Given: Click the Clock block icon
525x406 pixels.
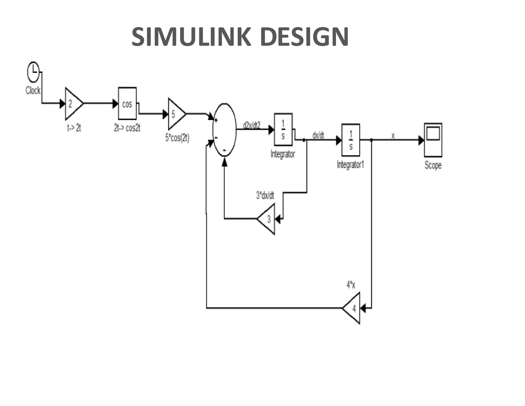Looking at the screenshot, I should tap(33, 72).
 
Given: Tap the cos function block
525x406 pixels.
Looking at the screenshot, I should tap(127, 103).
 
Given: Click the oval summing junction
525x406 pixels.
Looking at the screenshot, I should tap(225, 130).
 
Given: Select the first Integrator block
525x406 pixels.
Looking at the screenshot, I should tap(283, 129).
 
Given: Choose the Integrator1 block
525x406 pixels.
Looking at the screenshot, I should tap(351, 140).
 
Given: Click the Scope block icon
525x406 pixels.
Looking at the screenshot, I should tap(433, 140).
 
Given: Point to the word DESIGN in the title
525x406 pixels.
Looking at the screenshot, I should tap(304, 37).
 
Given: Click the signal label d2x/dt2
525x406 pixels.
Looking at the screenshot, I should tap(251, 125).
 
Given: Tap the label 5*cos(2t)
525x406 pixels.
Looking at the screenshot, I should tap(177, 138).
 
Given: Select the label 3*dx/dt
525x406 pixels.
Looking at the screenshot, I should tap(265, 196).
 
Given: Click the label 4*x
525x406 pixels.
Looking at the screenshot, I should tap(351, 285).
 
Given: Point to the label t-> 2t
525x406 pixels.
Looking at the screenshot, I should tap(74, 128).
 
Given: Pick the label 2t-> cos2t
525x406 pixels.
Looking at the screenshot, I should tap(127, 128).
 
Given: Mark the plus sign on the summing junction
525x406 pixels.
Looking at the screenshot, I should tap(216, 120).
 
